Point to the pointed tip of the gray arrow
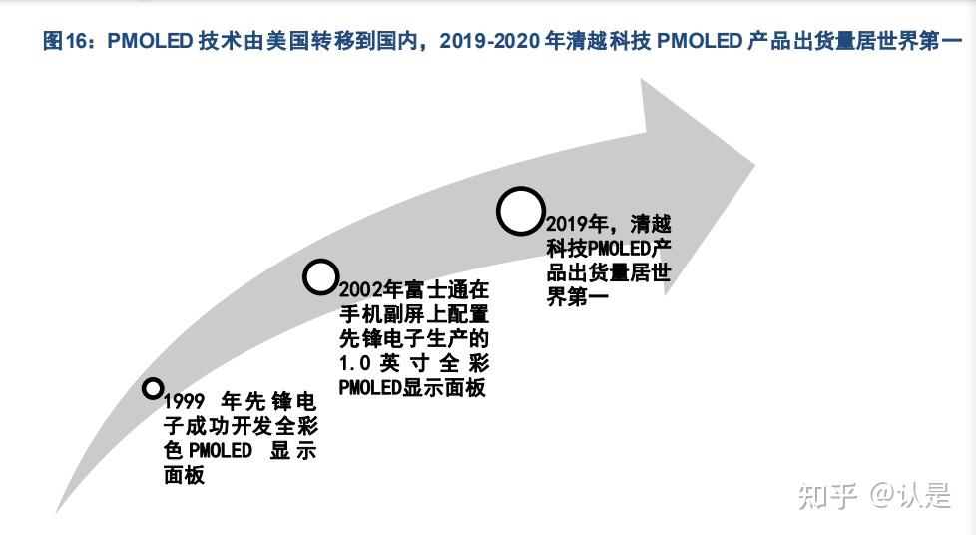(x=754, y=166)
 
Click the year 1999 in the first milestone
(x=185, y=401)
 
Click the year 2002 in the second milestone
(x=361, y=290)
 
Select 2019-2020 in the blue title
(x=490, y=41)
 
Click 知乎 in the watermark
(x=827, y=496)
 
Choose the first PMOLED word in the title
(x=150, y=41)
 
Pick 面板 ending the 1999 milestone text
(x=185, y=475)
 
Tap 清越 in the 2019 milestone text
(x=651, y=224)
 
